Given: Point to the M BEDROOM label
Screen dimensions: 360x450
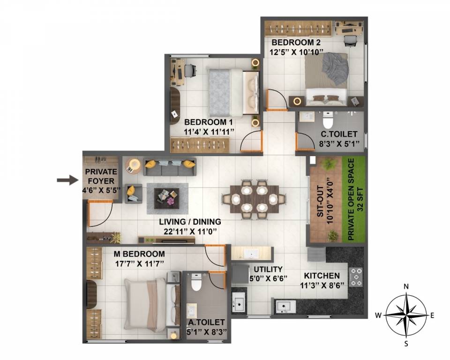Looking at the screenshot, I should [x=140, y=254].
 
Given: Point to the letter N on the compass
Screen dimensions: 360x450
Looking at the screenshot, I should [x=406, y=286].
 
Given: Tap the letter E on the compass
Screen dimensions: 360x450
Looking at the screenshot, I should [x=432, y=315].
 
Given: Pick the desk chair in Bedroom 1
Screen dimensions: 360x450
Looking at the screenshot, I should [x=189, y=70].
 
